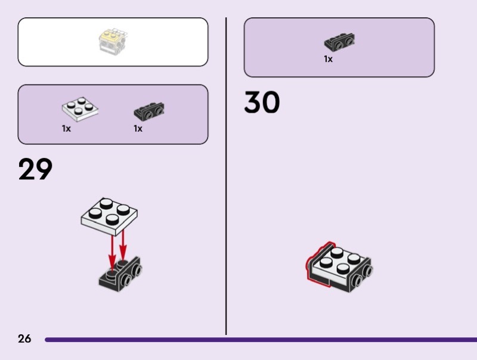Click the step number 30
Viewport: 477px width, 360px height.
262,104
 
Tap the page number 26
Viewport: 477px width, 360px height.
24,339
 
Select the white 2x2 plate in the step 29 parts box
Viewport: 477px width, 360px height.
80,109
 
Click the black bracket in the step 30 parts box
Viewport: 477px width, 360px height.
340,42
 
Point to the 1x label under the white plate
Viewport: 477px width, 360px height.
66,129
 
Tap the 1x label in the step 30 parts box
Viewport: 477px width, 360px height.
328,59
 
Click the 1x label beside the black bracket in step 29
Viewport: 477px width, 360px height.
138,129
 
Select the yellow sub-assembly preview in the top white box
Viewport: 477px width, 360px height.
113,41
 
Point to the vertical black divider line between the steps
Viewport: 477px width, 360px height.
226,179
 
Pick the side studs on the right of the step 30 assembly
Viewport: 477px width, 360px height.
364,275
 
